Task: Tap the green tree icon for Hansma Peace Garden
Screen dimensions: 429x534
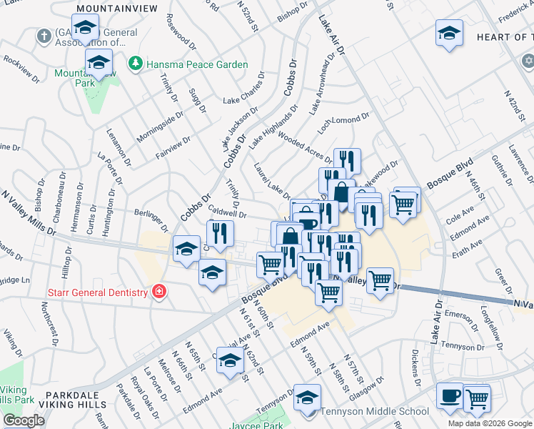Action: pos(134,64)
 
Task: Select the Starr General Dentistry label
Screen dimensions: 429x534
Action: pos(96,292)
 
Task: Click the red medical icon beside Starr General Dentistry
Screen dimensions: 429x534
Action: pos(158,292)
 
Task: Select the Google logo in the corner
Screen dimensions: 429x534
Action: pos(24,420)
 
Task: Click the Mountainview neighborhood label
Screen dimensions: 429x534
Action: pos(106,8)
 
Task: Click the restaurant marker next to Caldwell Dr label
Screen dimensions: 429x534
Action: pos(220,232)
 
